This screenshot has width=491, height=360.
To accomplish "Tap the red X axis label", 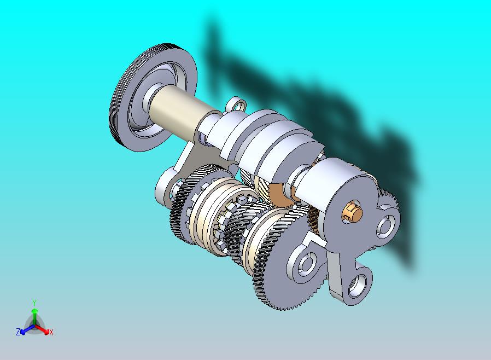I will coord(51,332).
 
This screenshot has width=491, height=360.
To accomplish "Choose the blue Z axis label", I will coord(18,332).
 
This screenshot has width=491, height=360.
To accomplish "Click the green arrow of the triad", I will coord(34,314).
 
